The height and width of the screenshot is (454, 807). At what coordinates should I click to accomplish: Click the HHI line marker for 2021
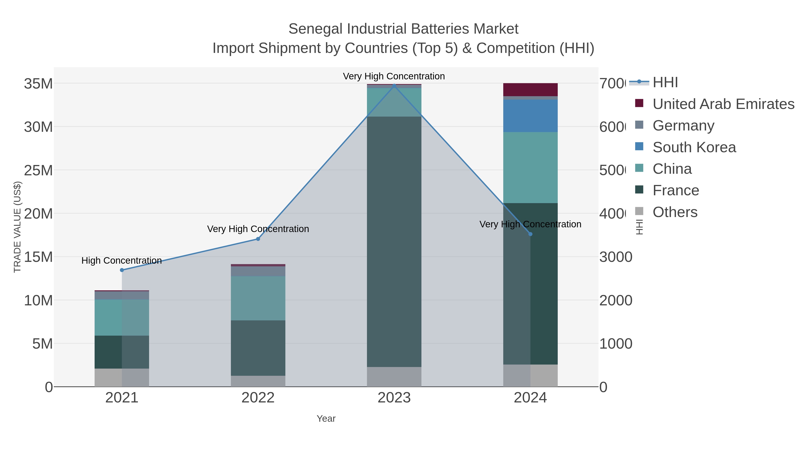(x=122, y=270)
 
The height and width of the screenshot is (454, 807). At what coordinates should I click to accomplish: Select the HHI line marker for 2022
(x=258, y=239)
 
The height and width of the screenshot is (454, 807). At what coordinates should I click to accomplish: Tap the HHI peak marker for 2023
(x=394, y=85)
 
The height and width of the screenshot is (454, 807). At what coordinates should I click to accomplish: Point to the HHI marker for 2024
(x=530, y=234)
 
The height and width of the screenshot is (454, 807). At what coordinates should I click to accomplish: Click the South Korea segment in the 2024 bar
(x=530, y=116)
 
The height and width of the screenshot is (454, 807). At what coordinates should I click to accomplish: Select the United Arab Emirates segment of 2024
(x=530, y=90)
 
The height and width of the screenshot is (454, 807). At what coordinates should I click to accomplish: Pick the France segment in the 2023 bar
(x=394, y=241)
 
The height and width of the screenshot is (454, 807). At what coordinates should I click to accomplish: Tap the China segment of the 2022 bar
(x=258, y=298)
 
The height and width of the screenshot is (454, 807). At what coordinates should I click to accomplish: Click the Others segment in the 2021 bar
(x=122, y=378)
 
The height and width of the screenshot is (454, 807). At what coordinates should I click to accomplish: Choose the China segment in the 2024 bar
(x=530, y=168)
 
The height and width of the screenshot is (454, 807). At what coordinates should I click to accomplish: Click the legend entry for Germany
(x=683, y=126)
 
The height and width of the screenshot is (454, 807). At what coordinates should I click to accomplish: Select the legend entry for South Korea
(x=694, y=147)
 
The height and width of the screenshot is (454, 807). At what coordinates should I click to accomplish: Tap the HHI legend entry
(x=665, y=83)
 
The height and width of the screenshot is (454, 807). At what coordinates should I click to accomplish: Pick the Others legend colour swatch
(x=639, y=211)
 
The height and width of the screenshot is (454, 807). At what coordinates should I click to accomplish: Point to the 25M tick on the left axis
(x=38, y=170)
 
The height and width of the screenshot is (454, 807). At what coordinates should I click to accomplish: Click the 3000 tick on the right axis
(x=616, y=257)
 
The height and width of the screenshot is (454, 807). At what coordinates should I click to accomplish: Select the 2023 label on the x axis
(x=394, y=398)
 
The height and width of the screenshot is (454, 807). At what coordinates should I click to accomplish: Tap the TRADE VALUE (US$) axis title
(x=17, y=227)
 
